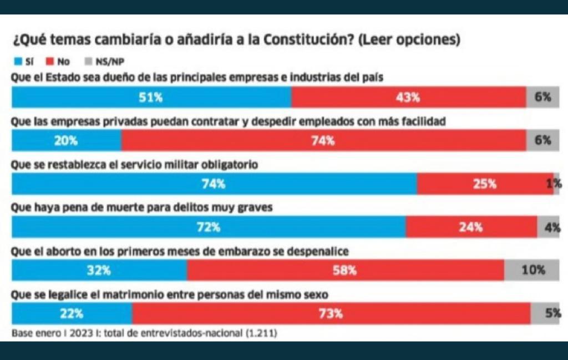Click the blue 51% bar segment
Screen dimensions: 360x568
click(x=151, y=97)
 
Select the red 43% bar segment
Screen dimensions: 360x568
click(x=409, y=97)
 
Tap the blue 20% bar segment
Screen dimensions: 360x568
click(x=67, y=140)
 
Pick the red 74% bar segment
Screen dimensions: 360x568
click(x=324, y=140)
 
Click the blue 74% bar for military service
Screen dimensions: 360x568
click(x=214, y=184)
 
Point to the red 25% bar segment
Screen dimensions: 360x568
click(x=484, y=184)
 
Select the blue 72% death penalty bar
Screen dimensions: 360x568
click(x=209, y=227)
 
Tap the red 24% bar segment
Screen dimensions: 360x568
click(x=471, y=227)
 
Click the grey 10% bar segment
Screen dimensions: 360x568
click(x=532, y=270)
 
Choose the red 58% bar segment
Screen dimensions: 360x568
click(x=346, y=270)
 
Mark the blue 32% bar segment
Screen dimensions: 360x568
click(x=99, y=270)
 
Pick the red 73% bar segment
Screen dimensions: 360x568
click(x=331, y=313)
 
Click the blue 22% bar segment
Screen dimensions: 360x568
click(x=72, y=313)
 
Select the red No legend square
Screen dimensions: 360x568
click(x=49, y=62)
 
